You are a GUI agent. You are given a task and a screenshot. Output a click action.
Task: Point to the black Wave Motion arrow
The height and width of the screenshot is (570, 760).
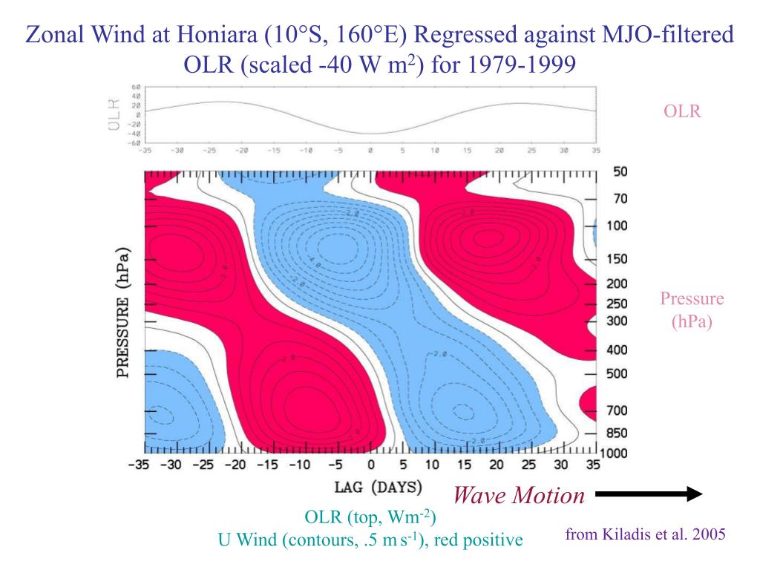[648, 494]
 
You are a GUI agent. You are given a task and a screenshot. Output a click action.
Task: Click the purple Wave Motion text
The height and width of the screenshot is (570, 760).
[519, 495]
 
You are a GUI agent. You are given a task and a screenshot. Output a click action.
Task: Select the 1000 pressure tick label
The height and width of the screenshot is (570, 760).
[614, 453]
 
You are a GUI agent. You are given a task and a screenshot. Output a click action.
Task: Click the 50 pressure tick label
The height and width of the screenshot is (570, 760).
[620, 171]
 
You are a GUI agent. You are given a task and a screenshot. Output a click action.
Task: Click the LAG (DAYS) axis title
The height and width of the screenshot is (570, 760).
[379, 488]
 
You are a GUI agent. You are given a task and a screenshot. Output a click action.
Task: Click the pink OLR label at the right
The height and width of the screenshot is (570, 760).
[683, 111]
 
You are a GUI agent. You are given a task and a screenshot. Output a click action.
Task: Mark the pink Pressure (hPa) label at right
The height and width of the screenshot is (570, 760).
[692, 310]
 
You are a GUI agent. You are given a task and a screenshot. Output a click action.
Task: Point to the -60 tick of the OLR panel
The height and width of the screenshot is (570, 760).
[135, 142]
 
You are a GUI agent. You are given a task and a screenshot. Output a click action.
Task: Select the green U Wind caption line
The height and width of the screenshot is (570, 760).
[370, 540]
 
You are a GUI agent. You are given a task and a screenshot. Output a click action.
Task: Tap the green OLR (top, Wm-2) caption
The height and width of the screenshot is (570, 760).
[370, 517]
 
